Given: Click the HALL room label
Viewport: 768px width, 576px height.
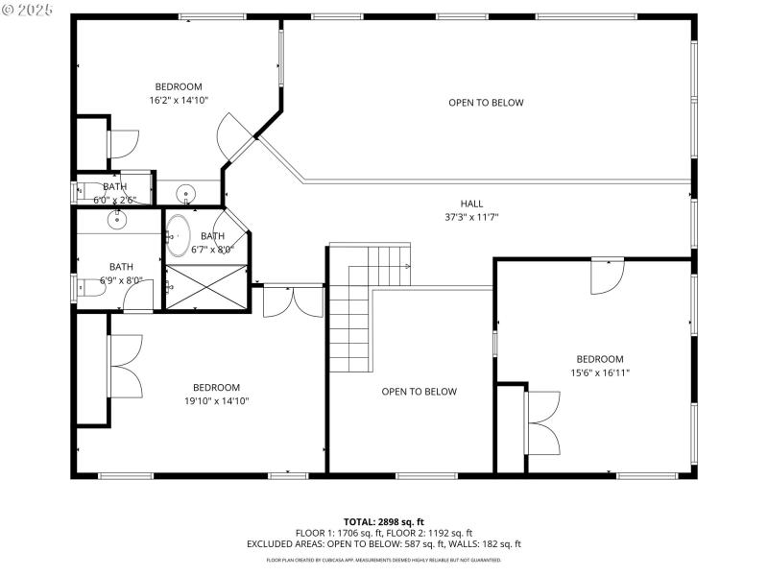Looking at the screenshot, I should (471, 204).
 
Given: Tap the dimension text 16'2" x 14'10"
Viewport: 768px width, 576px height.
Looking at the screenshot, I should (179, 100).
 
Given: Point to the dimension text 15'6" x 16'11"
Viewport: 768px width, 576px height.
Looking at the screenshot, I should (600, 372).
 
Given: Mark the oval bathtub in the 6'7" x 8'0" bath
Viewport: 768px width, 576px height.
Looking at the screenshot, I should (179, 235).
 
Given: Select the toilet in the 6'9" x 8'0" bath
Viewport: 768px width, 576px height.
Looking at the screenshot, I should (84, 289).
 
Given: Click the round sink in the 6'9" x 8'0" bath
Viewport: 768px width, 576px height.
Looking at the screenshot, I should (116, 221).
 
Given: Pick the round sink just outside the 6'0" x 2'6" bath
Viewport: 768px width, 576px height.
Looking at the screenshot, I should (185, 191).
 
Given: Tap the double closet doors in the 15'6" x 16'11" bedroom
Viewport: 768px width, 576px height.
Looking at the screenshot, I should (543, 423).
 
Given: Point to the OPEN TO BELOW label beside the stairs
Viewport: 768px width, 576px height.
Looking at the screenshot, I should (419, 392).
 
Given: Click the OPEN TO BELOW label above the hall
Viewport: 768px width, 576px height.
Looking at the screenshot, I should (486, 103).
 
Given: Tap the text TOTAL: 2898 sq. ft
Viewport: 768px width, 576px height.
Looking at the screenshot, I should (383, 522).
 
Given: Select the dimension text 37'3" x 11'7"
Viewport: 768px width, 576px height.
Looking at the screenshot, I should (471, 217).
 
